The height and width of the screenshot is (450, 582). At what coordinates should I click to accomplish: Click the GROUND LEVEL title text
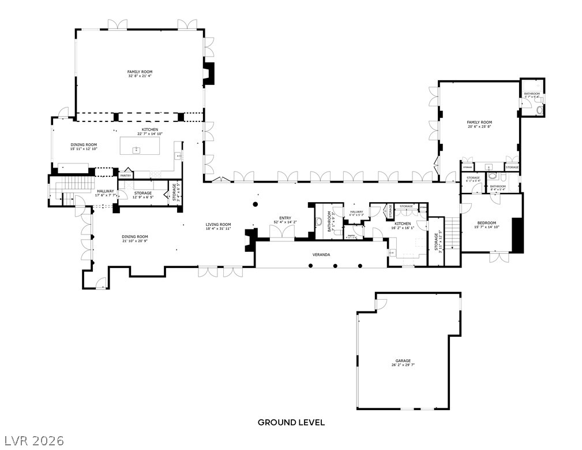pos(291,422)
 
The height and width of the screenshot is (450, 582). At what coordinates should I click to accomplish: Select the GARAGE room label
pos(403,360)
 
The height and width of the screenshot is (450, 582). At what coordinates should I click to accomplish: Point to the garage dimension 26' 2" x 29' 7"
pos(403,365)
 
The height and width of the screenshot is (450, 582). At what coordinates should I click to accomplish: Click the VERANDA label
pos(321,254)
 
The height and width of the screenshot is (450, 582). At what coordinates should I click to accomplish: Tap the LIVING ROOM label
pos(219,224)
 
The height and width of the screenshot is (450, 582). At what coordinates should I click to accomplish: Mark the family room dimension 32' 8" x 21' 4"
pos(140,76)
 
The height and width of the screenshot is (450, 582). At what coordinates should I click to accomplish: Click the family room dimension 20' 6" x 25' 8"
pos(479,127)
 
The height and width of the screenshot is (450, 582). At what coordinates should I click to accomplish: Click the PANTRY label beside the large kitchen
pos(126,176)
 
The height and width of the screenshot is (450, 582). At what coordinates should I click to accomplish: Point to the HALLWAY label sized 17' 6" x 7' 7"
pos(105,191)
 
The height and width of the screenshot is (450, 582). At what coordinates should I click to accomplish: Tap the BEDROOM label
pos(487,223)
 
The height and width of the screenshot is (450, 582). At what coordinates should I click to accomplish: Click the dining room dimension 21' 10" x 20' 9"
pos(135,240)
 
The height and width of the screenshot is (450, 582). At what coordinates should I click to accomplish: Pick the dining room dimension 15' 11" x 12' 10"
pos(84,149)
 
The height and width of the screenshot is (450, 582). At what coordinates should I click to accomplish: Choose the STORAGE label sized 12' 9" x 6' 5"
pos(143,193)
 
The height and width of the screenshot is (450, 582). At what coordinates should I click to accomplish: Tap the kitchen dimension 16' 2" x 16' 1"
pos(403,228)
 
